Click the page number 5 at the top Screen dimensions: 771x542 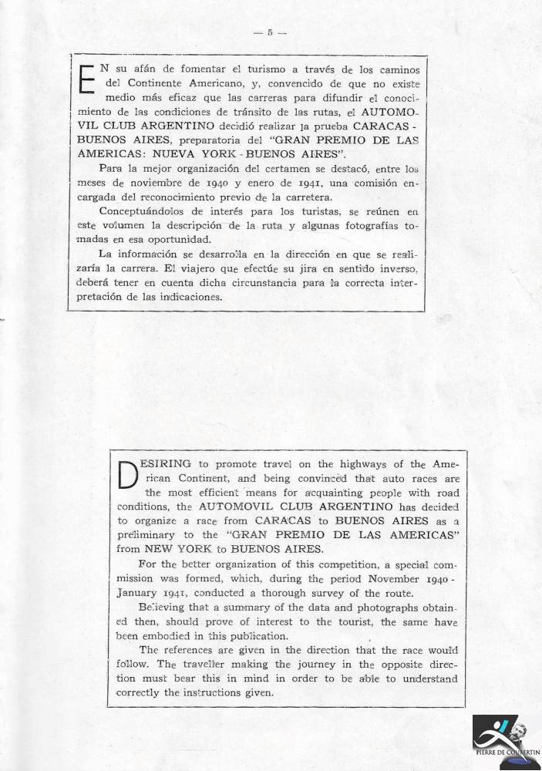click(270, 32)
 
